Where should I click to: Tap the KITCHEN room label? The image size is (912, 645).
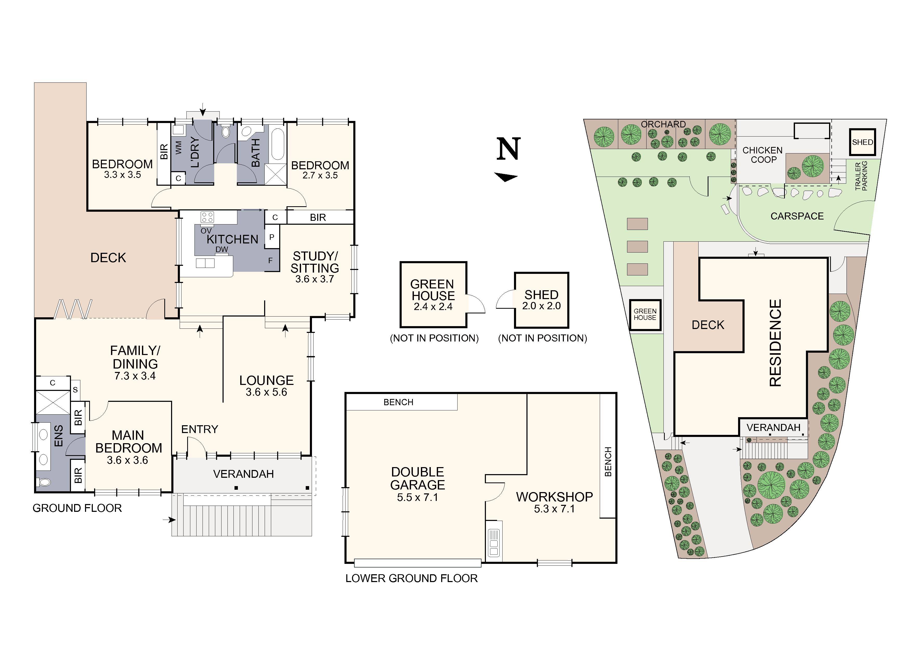click(232, 239)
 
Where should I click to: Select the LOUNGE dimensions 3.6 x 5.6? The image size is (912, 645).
click(266, 392)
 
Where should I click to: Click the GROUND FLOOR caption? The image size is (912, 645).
click(77, 508)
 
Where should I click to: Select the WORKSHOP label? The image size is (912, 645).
click(554, 497)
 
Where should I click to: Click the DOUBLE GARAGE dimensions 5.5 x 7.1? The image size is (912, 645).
click(418, 498)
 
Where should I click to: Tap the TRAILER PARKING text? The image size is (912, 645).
click(861, 176)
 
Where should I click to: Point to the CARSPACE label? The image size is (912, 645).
click(797, 216)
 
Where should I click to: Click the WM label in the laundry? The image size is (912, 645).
click(178, 148)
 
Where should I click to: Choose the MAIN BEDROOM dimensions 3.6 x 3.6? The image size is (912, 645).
click(127, 460)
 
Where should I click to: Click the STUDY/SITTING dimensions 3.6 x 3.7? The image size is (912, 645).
click(314, 279)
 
